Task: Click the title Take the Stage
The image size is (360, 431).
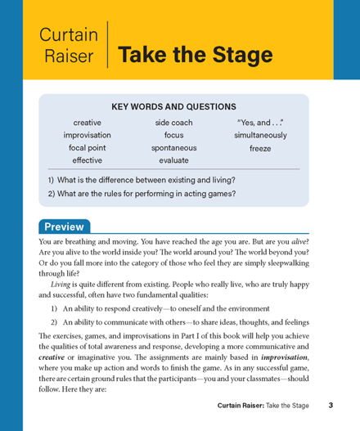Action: tap(196, 55)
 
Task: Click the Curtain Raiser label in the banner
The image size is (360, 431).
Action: tap(73, 46)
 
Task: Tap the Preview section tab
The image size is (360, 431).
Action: tap(63, 227)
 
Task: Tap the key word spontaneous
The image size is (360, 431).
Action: tap(173, 149)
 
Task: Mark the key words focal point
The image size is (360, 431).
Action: tap(88, 149)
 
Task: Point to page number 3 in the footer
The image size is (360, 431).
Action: tap(330, 405)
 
